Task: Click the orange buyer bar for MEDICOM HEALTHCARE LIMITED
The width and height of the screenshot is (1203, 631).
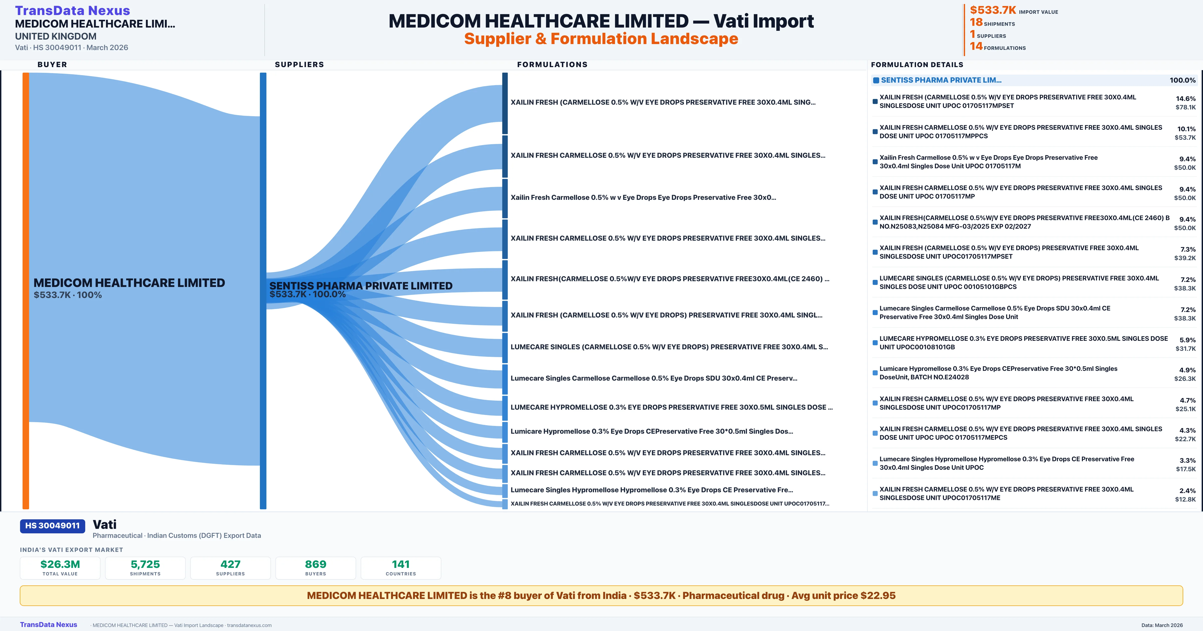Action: [x=26, y=289]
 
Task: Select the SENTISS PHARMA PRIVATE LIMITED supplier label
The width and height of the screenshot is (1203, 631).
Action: [x=361, y=286]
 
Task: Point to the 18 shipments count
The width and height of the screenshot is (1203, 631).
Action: [x=976, y=22]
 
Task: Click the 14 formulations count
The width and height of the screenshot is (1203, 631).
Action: [x=976, y=46]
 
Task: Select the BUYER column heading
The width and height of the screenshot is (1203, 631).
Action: [x=52, y=64]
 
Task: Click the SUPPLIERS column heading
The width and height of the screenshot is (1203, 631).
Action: [x=299, y=64]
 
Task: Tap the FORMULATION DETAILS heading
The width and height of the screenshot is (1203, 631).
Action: [x=917, y=64]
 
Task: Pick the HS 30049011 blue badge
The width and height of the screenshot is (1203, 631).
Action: [x=52, y=526]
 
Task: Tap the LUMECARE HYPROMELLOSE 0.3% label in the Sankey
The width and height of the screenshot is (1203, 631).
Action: [x=671, y=407]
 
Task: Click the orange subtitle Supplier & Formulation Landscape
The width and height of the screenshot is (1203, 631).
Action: [x=601, y=39]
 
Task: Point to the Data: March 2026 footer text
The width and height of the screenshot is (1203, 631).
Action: [x=1162, y=625]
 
